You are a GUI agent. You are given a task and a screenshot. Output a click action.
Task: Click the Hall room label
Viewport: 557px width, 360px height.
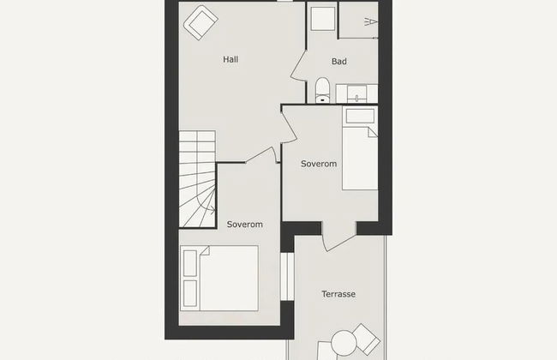[230, 60]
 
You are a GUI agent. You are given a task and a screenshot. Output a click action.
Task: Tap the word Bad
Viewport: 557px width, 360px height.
[338, 62]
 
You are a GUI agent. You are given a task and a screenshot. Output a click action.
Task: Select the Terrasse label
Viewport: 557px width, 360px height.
[338, 295]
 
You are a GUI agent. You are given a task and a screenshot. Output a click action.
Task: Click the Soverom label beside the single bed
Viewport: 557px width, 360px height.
[318, 164]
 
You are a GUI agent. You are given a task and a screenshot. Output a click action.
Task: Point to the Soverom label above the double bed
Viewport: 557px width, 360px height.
[244, 225]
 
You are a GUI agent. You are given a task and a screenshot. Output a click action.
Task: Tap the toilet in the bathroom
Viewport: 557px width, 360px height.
[322, 89]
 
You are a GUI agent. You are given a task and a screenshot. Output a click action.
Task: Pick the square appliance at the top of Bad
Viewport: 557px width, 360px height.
[322, 19]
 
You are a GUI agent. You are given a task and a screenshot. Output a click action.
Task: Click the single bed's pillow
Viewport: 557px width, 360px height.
[358, 118]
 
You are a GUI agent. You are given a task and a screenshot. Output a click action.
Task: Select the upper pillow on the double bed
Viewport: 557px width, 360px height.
[190, 262]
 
